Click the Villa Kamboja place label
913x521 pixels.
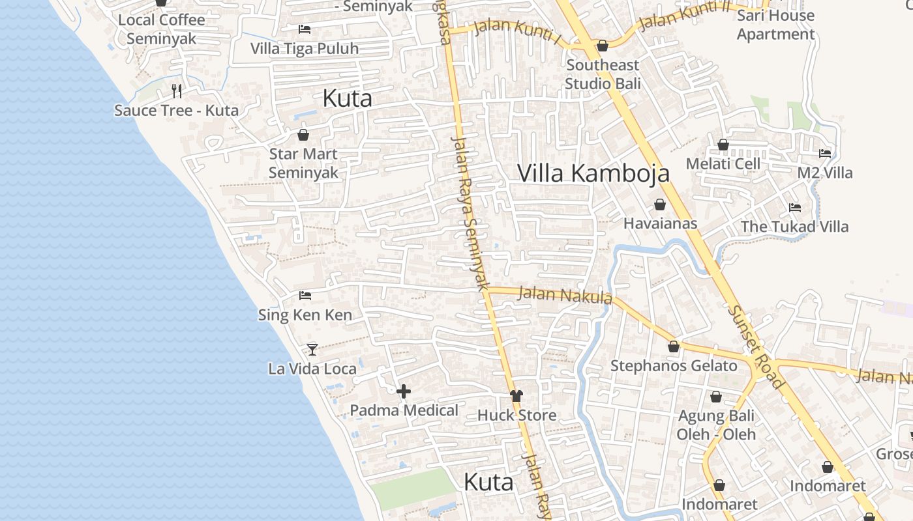(x=593, y=173)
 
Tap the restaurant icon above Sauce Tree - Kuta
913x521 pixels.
(x=177, y=91)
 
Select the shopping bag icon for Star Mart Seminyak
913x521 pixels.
(x=303, y=135)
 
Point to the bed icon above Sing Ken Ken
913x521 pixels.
(x=305, y=296)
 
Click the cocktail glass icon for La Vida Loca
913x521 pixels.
(x=312, y=350)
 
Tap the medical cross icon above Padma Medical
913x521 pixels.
(x=404, y=391)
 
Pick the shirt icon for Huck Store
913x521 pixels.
(x=516, y=396)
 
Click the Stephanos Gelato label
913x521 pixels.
(x=674, y=366)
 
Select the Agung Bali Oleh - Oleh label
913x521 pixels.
(x=716, y=425)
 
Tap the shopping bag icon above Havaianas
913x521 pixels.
(x=660, y=204)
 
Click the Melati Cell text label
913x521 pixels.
(x=723, y=163)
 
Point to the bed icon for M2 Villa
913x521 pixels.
(x=825, y=154)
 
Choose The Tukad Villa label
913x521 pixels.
(x=794, y=227)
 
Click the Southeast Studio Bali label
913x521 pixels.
(x=603, y=74)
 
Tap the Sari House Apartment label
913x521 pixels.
(x=775, y=25)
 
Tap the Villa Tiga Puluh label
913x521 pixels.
(x=305, y=49)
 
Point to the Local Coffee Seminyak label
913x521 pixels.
(x=161, y=29)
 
